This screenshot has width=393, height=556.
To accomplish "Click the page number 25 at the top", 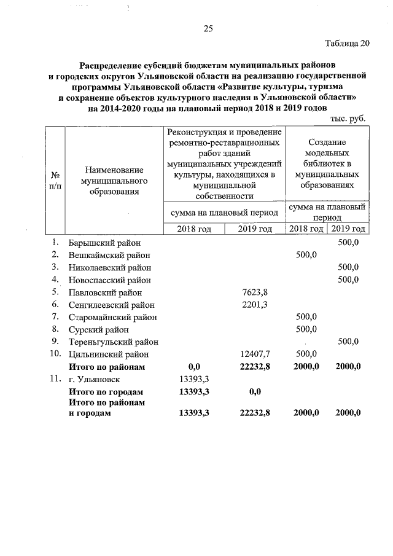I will (208, 28).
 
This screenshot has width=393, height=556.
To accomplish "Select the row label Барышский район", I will (105, 243).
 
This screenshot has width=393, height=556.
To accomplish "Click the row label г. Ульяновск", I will (96, 378).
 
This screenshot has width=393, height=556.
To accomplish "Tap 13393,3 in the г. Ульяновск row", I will (194, 378).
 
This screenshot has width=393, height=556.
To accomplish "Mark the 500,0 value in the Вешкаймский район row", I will (306, 255).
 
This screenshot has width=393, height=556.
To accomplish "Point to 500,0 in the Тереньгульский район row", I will (348, 342).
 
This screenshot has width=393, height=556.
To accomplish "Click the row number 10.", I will (55, 354).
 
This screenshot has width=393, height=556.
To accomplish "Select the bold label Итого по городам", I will (106, 391).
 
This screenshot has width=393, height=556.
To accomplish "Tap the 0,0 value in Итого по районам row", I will (195, 366).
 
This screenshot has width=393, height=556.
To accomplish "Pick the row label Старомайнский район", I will (112, 316).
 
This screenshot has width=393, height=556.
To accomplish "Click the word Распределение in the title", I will (112, 65).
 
